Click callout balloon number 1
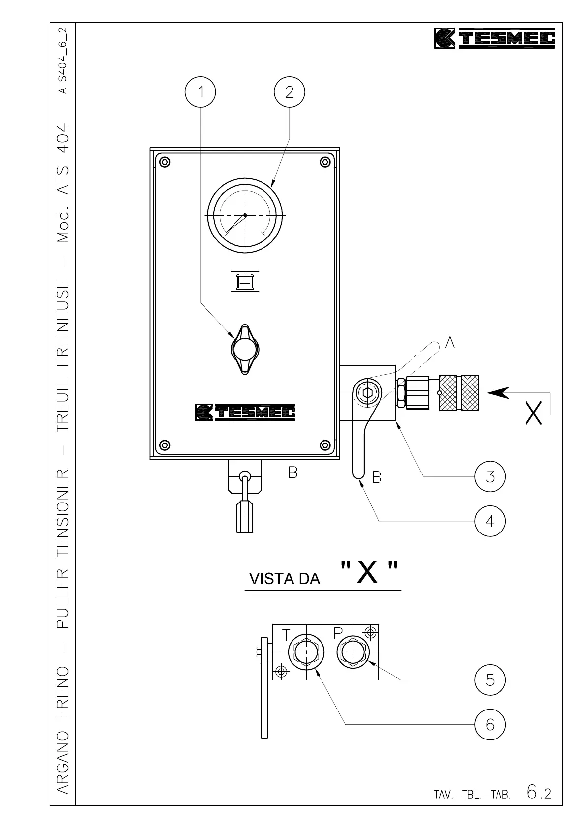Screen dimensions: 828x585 pyautogui.click(x=200, y=92)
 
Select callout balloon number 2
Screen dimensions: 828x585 pyautogui.click(x=289, y=92)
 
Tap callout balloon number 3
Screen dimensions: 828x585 pyautogui.click(x=490, y=476)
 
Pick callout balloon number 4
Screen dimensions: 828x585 pyautogui.click(x=490, y=521)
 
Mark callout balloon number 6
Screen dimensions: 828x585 pyautogui.click(x=490, y=724)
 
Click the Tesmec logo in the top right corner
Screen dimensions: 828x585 pyautogui.click(x=494, y=38)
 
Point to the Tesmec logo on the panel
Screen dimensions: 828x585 pyautogui.click(x=245, y=412)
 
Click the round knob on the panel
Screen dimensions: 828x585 pyautogui.click(x=244, y=350)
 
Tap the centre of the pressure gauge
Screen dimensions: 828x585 pyautogui.click(x=245, y=215)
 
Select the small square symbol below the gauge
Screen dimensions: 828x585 pyautogui.click(x=244, y=281)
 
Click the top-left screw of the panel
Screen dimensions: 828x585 pyautogui.click(x=165, y=162)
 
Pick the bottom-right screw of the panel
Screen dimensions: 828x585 pyautogui.click(x=324, y=445)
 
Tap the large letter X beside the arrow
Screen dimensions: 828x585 pyautogui.click(x=534, y=414)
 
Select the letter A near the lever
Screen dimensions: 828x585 pyautogui.click(x=449, y=343)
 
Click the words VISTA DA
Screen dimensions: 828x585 pyautogui.click(x=285, y=579)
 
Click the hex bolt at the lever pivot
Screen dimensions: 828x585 pyautogui.click(x=366, y=392)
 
